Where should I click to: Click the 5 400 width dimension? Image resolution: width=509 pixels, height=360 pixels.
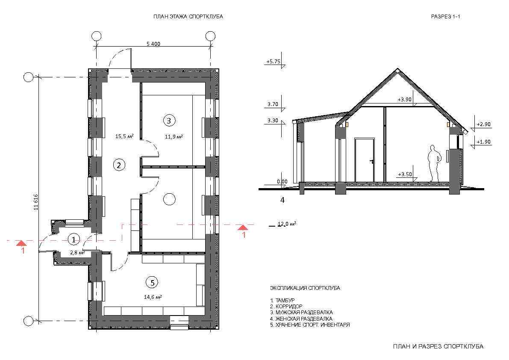point(153,44)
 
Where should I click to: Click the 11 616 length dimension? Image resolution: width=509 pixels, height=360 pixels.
point(36,202)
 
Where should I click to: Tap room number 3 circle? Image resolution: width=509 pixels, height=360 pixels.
point(169,121)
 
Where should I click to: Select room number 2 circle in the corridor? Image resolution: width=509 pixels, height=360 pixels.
point(119,165)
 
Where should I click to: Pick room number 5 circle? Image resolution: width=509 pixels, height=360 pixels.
point(153,282)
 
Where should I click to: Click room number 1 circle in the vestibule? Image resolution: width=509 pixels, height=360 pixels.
point(74,239)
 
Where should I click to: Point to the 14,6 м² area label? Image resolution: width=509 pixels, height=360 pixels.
point(153,297)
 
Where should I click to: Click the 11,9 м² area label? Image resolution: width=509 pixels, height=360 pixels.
point(174,137)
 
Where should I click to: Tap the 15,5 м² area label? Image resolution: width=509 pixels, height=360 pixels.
point(125,136)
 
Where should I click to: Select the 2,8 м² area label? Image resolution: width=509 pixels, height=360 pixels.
point(77,252)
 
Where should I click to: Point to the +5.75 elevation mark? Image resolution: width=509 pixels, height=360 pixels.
point(273,61)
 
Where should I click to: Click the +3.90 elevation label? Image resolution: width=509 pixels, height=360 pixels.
point(405,100)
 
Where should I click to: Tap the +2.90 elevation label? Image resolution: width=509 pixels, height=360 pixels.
point(484,124)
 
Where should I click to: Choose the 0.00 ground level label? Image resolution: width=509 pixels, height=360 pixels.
point(282,182)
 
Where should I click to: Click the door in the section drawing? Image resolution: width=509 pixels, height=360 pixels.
point(365,160)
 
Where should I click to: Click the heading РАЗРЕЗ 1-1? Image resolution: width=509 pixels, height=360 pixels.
point(445,17)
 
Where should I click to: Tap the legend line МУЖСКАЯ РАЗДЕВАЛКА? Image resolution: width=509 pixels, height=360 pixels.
point(301,312)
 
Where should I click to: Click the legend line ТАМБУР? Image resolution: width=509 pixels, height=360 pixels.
point(282,300)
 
